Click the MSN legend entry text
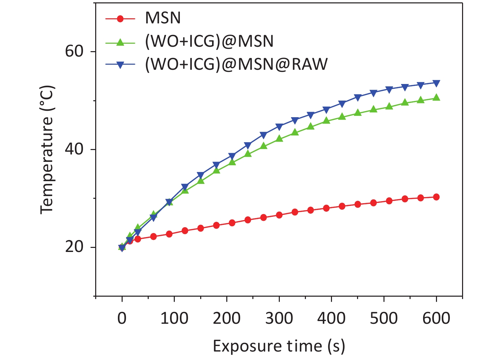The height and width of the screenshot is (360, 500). coord(163,18)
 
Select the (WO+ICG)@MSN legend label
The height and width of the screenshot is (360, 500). coord(209,41)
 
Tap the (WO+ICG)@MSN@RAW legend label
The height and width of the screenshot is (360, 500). coord(236,64)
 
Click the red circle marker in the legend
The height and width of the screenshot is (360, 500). coord(120,18)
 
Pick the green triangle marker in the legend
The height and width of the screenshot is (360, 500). coord(120,42)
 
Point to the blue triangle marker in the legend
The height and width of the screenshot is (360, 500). coord(120,65)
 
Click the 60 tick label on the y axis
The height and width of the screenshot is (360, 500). coord(74,51)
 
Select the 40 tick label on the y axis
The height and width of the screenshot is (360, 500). coord(74,149)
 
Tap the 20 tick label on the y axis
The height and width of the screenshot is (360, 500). coord(74,247)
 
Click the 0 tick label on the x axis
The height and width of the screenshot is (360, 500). coord(122,318)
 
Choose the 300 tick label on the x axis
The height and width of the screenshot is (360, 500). coord(279,318)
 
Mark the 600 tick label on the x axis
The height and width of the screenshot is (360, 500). coord(436,318)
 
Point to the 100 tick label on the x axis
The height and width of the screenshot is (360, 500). coord(174,318)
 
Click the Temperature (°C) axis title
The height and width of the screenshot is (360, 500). coord(47,149)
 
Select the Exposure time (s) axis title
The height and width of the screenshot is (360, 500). coord(279,346)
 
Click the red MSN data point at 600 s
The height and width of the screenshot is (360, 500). coord(436,197)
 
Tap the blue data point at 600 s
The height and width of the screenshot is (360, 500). coord(436,83)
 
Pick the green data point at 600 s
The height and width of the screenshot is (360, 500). coord(436,98)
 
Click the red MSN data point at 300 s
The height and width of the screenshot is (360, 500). coord(279,215)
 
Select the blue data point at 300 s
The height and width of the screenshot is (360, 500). coord(279,127)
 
